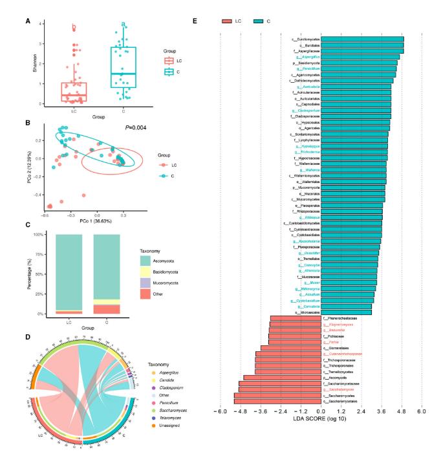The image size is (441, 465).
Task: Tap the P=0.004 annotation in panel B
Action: (137, 128)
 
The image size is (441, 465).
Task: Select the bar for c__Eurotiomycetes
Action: (362, 39)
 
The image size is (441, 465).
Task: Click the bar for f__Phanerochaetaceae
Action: (296, 318)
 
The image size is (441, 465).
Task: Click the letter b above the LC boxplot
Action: (74, 28)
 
